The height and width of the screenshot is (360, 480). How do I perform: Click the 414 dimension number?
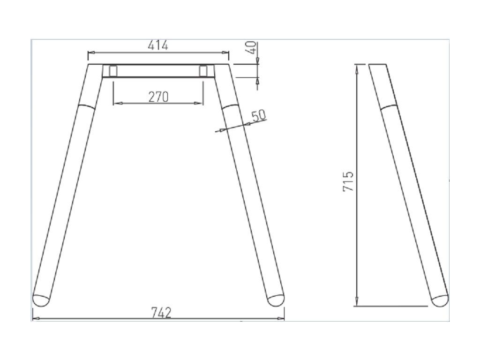click(158, 45)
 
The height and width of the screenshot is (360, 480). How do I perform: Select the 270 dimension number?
click(158, 97)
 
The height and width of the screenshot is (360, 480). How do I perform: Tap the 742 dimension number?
click(161, 313)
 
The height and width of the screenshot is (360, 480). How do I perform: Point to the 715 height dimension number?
click(348, 181)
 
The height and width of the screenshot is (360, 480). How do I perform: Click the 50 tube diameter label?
click(259, 116)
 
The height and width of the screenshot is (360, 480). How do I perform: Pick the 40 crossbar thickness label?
click(251, 47)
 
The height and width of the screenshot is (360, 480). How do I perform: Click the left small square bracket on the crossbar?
click(113, 71)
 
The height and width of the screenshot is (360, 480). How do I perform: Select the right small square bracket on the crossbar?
click(203, 71)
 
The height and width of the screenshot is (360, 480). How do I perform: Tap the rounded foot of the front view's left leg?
click(41, 300)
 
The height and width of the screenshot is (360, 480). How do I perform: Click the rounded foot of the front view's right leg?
click(276, 300)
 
